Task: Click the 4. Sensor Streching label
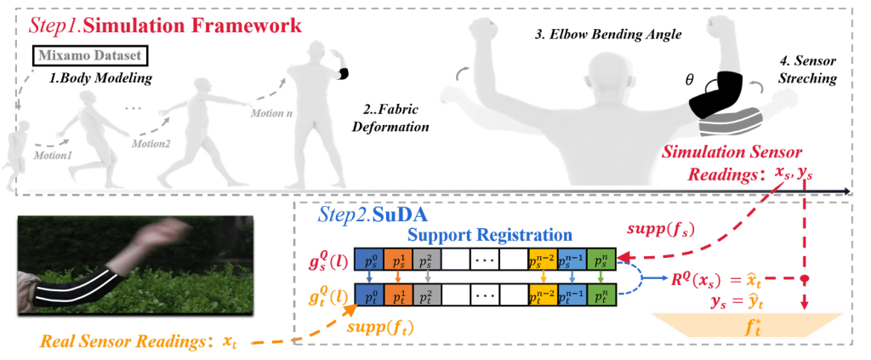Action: [x=807, y=70]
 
